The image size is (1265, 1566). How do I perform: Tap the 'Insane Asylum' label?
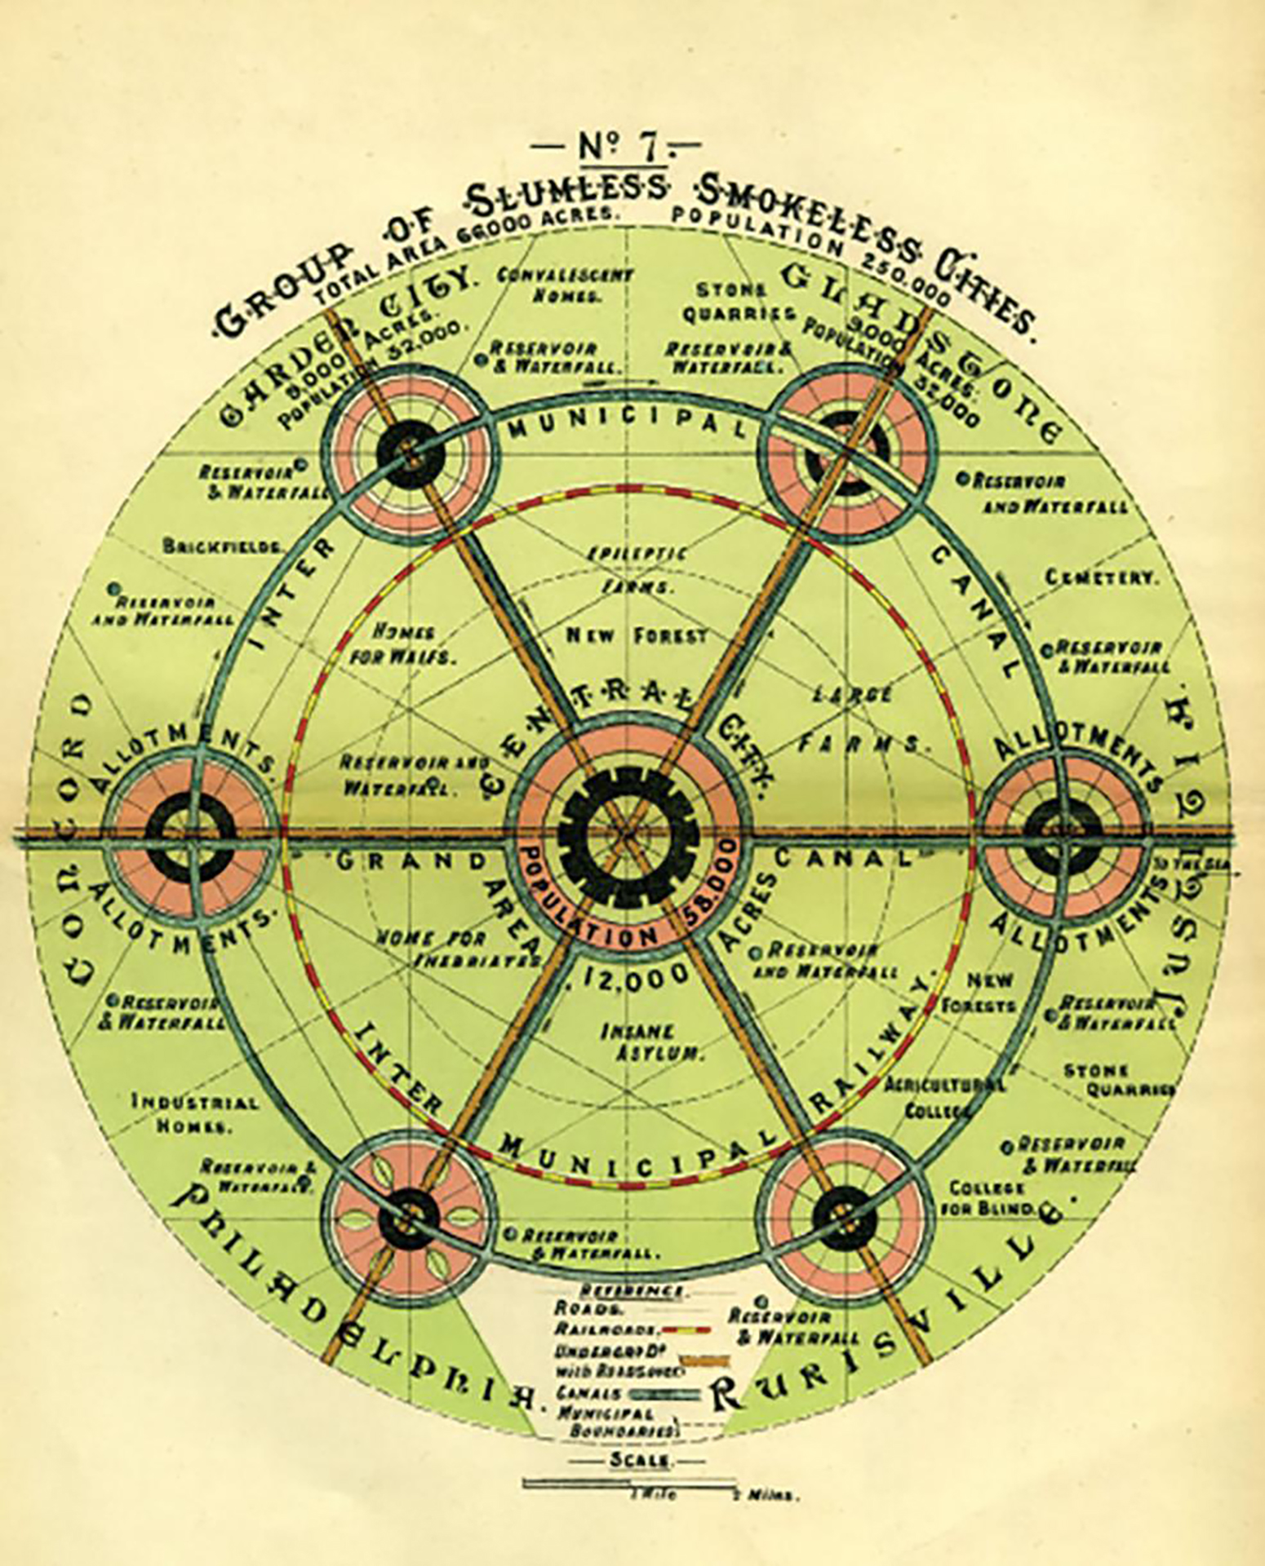pos(651,1042)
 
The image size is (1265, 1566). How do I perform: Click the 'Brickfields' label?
pos(222,545)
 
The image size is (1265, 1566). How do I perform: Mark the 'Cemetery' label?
pos(1101,577)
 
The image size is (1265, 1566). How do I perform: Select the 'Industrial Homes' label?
pos(195,1113)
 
